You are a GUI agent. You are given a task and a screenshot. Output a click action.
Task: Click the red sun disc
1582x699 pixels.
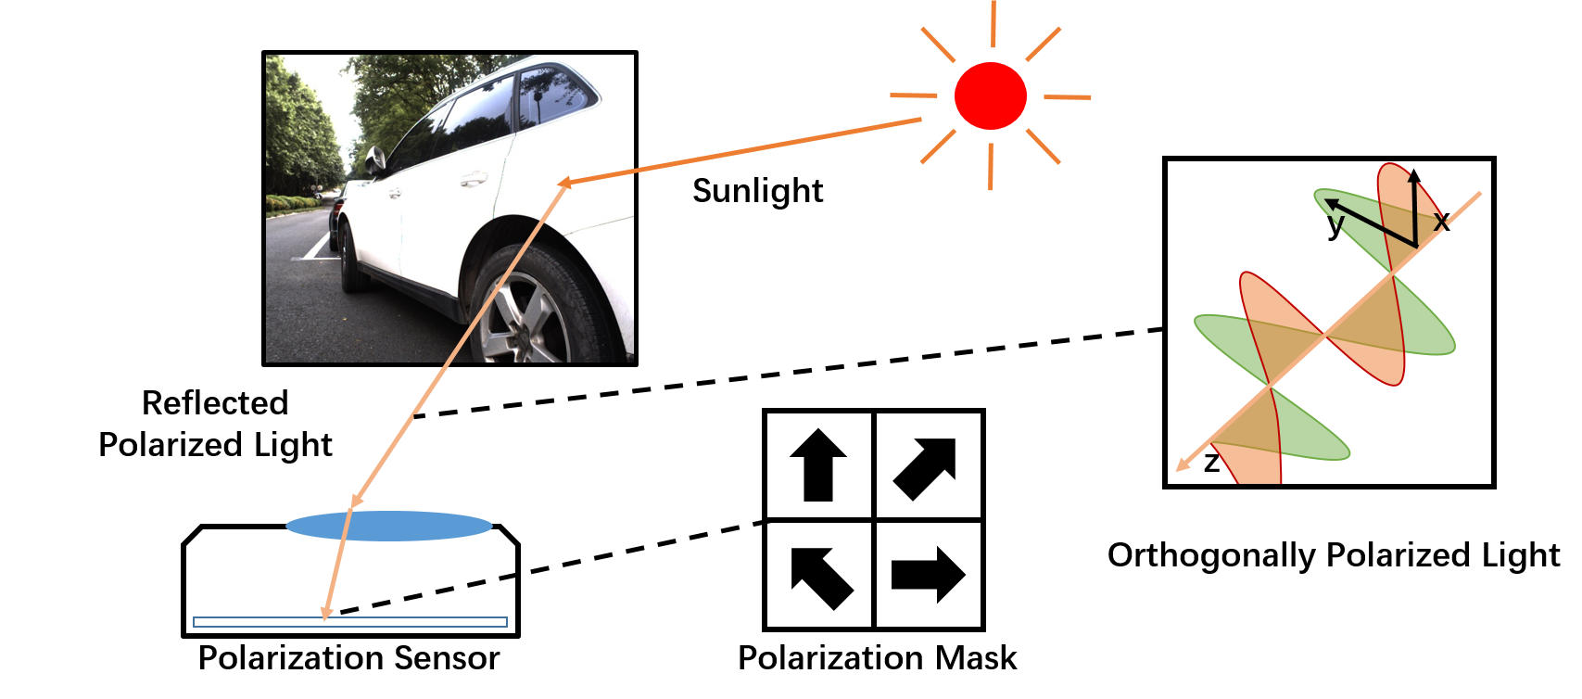click(990, 95)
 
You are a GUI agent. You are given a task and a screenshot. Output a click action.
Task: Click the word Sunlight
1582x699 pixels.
click(757, 191)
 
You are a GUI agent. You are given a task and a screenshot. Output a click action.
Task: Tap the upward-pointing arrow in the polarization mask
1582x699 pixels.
click(818, 464)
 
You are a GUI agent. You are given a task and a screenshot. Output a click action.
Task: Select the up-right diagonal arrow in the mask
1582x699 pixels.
click(926, 466)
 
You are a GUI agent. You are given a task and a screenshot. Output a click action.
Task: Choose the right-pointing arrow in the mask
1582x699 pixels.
click(928, 574)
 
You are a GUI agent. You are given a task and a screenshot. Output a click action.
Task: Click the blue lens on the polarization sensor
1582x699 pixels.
click(389, 526)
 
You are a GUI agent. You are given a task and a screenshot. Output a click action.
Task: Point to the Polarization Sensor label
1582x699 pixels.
click(348, 658)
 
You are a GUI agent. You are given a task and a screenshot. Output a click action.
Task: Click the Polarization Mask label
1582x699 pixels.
click(877, 658)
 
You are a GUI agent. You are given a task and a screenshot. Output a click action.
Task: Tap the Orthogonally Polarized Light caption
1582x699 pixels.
click(1333, 555)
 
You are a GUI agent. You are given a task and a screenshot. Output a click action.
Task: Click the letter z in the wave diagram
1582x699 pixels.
click(1210, 463)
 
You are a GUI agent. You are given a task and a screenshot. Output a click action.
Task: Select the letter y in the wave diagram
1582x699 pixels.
click(1335, 223)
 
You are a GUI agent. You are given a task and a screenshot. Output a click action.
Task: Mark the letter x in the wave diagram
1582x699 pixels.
click(1441, 221)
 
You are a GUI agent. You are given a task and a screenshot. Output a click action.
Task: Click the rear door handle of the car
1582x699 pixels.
click(474, 177)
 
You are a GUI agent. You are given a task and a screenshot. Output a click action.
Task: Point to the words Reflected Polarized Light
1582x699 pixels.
click(215, 424)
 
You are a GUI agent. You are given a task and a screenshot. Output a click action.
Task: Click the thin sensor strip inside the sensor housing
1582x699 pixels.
click(349, 622)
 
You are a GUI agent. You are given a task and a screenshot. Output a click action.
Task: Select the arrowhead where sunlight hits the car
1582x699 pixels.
click(564, 183)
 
